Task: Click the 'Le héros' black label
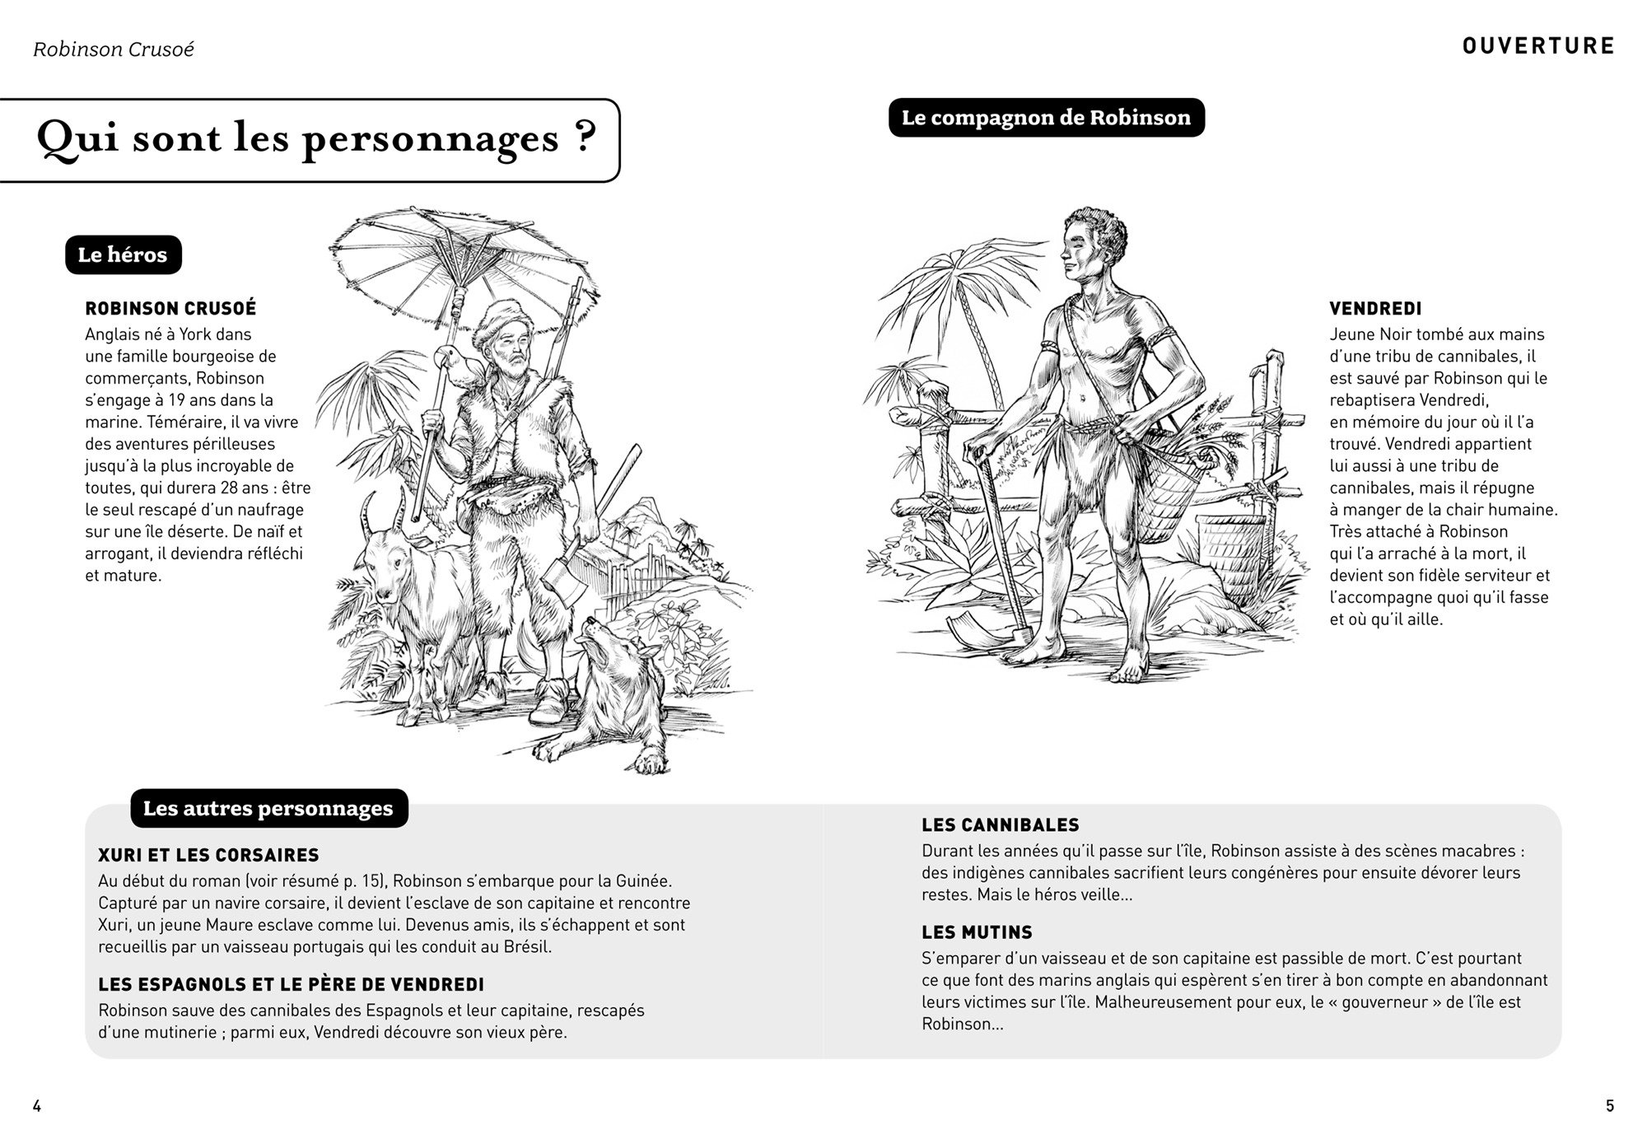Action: click(x=123, y=255)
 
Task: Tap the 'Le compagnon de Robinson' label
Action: click(x=1046, y=118)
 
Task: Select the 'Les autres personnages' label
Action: click(x=268, y=808)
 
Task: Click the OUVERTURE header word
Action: click(x=1538, y=46)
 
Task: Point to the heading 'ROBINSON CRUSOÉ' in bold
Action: click(x=170, y=309)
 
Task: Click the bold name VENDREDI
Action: click(x=1375, y=310)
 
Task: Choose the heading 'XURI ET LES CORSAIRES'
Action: click(x=208, y=855)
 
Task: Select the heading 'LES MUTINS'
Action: click(x=977, y=933)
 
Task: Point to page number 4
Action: click(x=36, y=1106)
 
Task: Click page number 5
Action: click(x=1610, y=1106)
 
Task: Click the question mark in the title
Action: click(x=582, y=137)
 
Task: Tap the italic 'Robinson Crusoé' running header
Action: click(x=114, y=49)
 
